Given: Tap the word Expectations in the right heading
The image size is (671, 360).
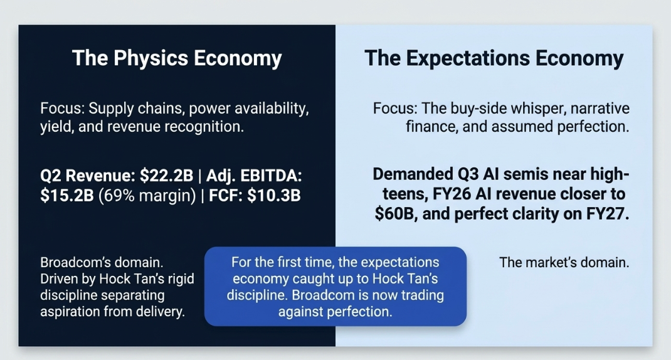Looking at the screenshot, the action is [468, 58].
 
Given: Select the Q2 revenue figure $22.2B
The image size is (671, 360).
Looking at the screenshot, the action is [167, 176].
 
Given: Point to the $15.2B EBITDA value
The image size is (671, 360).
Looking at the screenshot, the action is [66, 195].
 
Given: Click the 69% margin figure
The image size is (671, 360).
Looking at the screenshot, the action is [147, 195].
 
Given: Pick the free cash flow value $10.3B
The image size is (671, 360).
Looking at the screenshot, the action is [274, 195].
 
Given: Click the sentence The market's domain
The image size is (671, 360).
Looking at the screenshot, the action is [564, 262].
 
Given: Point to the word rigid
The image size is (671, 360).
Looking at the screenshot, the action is [180, 278].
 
